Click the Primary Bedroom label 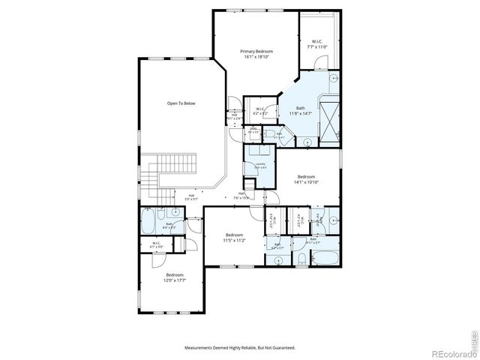coord(256,53)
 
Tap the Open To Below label coord(181,103)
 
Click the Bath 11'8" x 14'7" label coord(300,110)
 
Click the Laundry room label coord(260,165)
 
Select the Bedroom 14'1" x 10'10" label coord(307,179)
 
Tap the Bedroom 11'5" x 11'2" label coord(234,237)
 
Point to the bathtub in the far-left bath coord(148,223)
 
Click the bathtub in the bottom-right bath coord(325,259)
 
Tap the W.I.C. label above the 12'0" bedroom coord(157,244)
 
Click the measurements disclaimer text coord(240,347)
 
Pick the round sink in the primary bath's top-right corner coord(334,77)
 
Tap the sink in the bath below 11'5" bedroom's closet coord(278,259)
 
